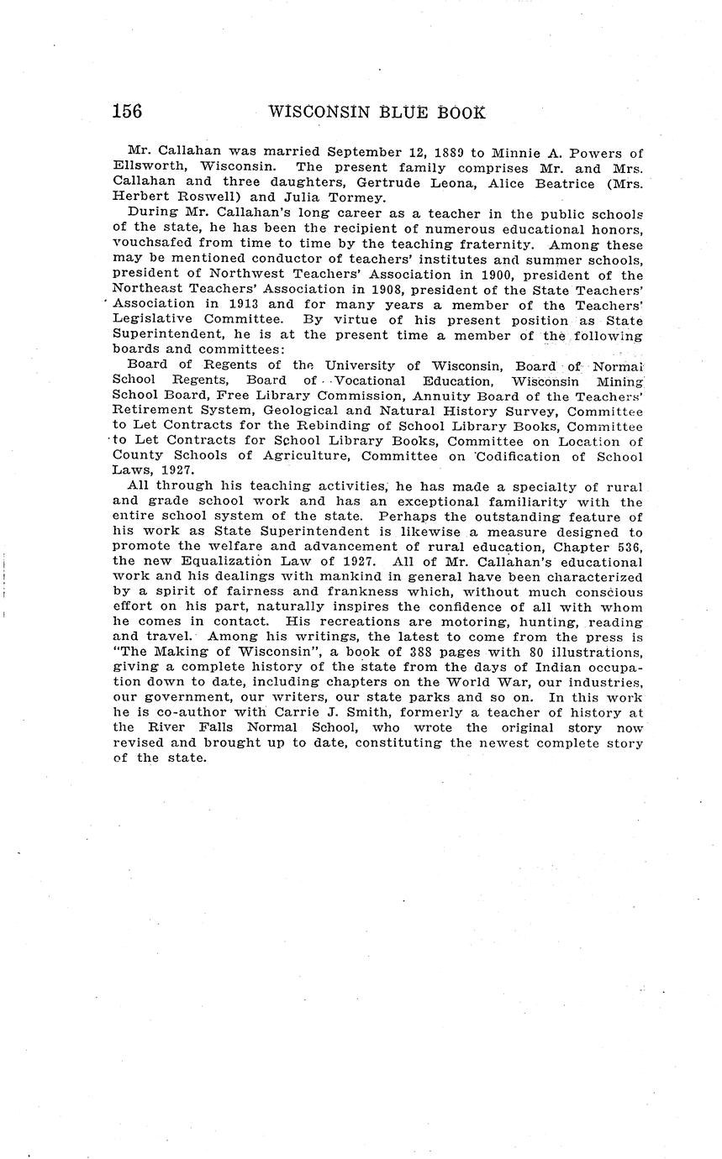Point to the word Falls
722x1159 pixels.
coord(228,728)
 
